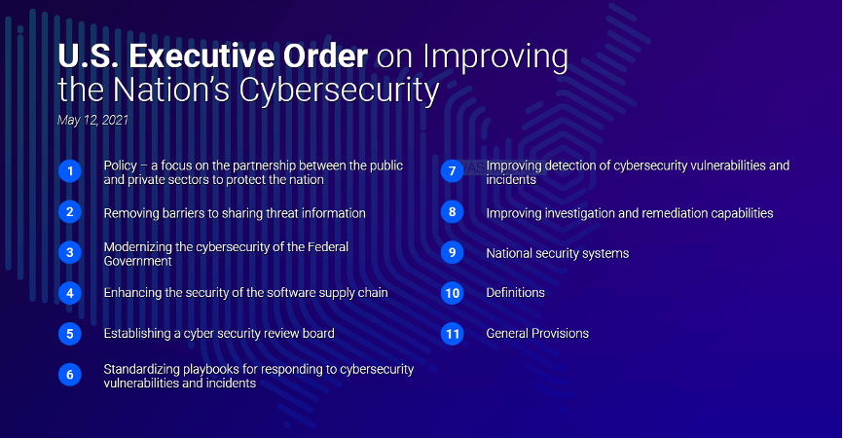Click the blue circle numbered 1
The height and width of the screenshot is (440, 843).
(x=70, y=171)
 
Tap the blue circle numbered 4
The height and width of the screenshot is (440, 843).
(x=70, y=293)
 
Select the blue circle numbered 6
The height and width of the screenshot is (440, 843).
(x=70, y=375)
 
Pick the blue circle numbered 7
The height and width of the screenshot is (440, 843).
(x=452, y=171)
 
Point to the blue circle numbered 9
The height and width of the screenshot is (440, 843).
(x=452, y=253)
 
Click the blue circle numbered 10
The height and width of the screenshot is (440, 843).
(x=452, y=293)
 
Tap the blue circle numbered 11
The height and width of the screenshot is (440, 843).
(x=452, y=334)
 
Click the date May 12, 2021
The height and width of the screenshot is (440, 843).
(x=93, y=120)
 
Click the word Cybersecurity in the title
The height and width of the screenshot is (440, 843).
(x=339, y=91)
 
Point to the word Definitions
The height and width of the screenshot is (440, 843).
(x=516, y=293)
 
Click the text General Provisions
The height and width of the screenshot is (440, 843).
(x=537, y=334)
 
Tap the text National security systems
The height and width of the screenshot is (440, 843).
(x=558, y=253)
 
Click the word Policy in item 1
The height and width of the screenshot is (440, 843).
(x=121, y=165)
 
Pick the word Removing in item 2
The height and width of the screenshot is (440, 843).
(x=127, y=213)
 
